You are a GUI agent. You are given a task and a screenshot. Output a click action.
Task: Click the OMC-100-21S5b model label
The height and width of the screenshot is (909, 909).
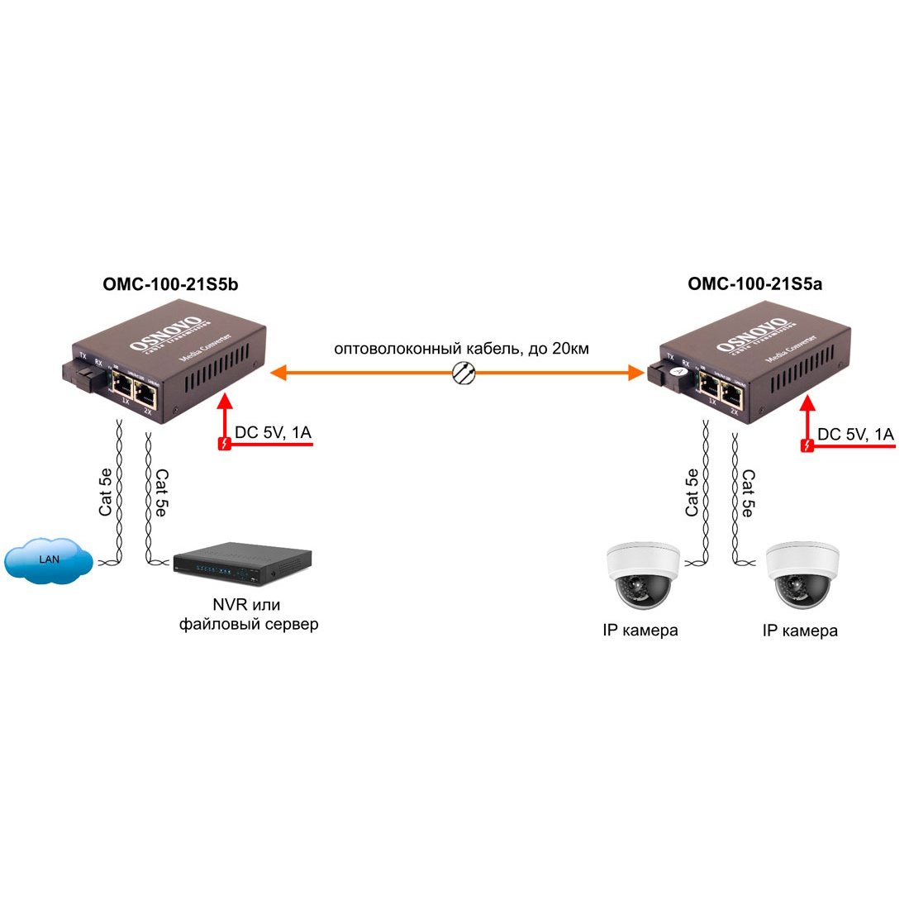[x=170, y=284]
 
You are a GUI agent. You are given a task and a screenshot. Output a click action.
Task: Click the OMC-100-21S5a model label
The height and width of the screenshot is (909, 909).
[x=754, y=284]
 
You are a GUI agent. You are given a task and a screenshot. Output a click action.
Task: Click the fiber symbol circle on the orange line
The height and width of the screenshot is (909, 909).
[x=464, y=373]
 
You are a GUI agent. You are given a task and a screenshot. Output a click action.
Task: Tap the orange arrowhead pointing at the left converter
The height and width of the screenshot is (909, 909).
[x=278, y=373]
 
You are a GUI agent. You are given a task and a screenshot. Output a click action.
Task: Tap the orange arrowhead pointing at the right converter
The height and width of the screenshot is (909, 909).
[x=636, y=373]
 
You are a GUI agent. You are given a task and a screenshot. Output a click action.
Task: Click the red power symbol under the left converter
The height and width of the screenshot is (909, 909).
[x=222, y=445]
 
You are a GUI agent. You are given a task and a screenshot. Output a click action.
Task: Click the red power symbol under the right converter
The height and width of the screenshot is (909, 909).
[x=807, y=446]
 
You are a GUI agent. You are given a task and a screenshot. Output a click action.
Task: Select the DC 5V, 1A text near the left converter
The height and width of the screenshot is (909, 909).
[x=273, y=432]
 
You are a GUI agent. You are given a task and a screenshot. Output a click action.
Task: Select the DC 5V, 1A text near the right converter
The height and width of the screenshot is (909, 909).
[x=855, y=434]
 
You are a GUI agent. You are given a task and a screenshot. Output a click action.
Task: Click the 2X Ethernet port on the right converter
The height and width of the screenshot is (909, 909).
[x=731, y=393]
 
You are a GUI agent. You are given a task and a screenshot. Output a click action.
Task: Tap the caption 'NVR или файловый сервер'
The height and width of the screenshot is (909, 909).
[x=248, y=614]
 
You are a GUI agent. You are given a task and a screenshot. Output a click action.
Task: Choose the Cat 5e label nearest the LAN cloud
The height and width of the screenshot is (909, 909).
[x=106, y=492]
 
